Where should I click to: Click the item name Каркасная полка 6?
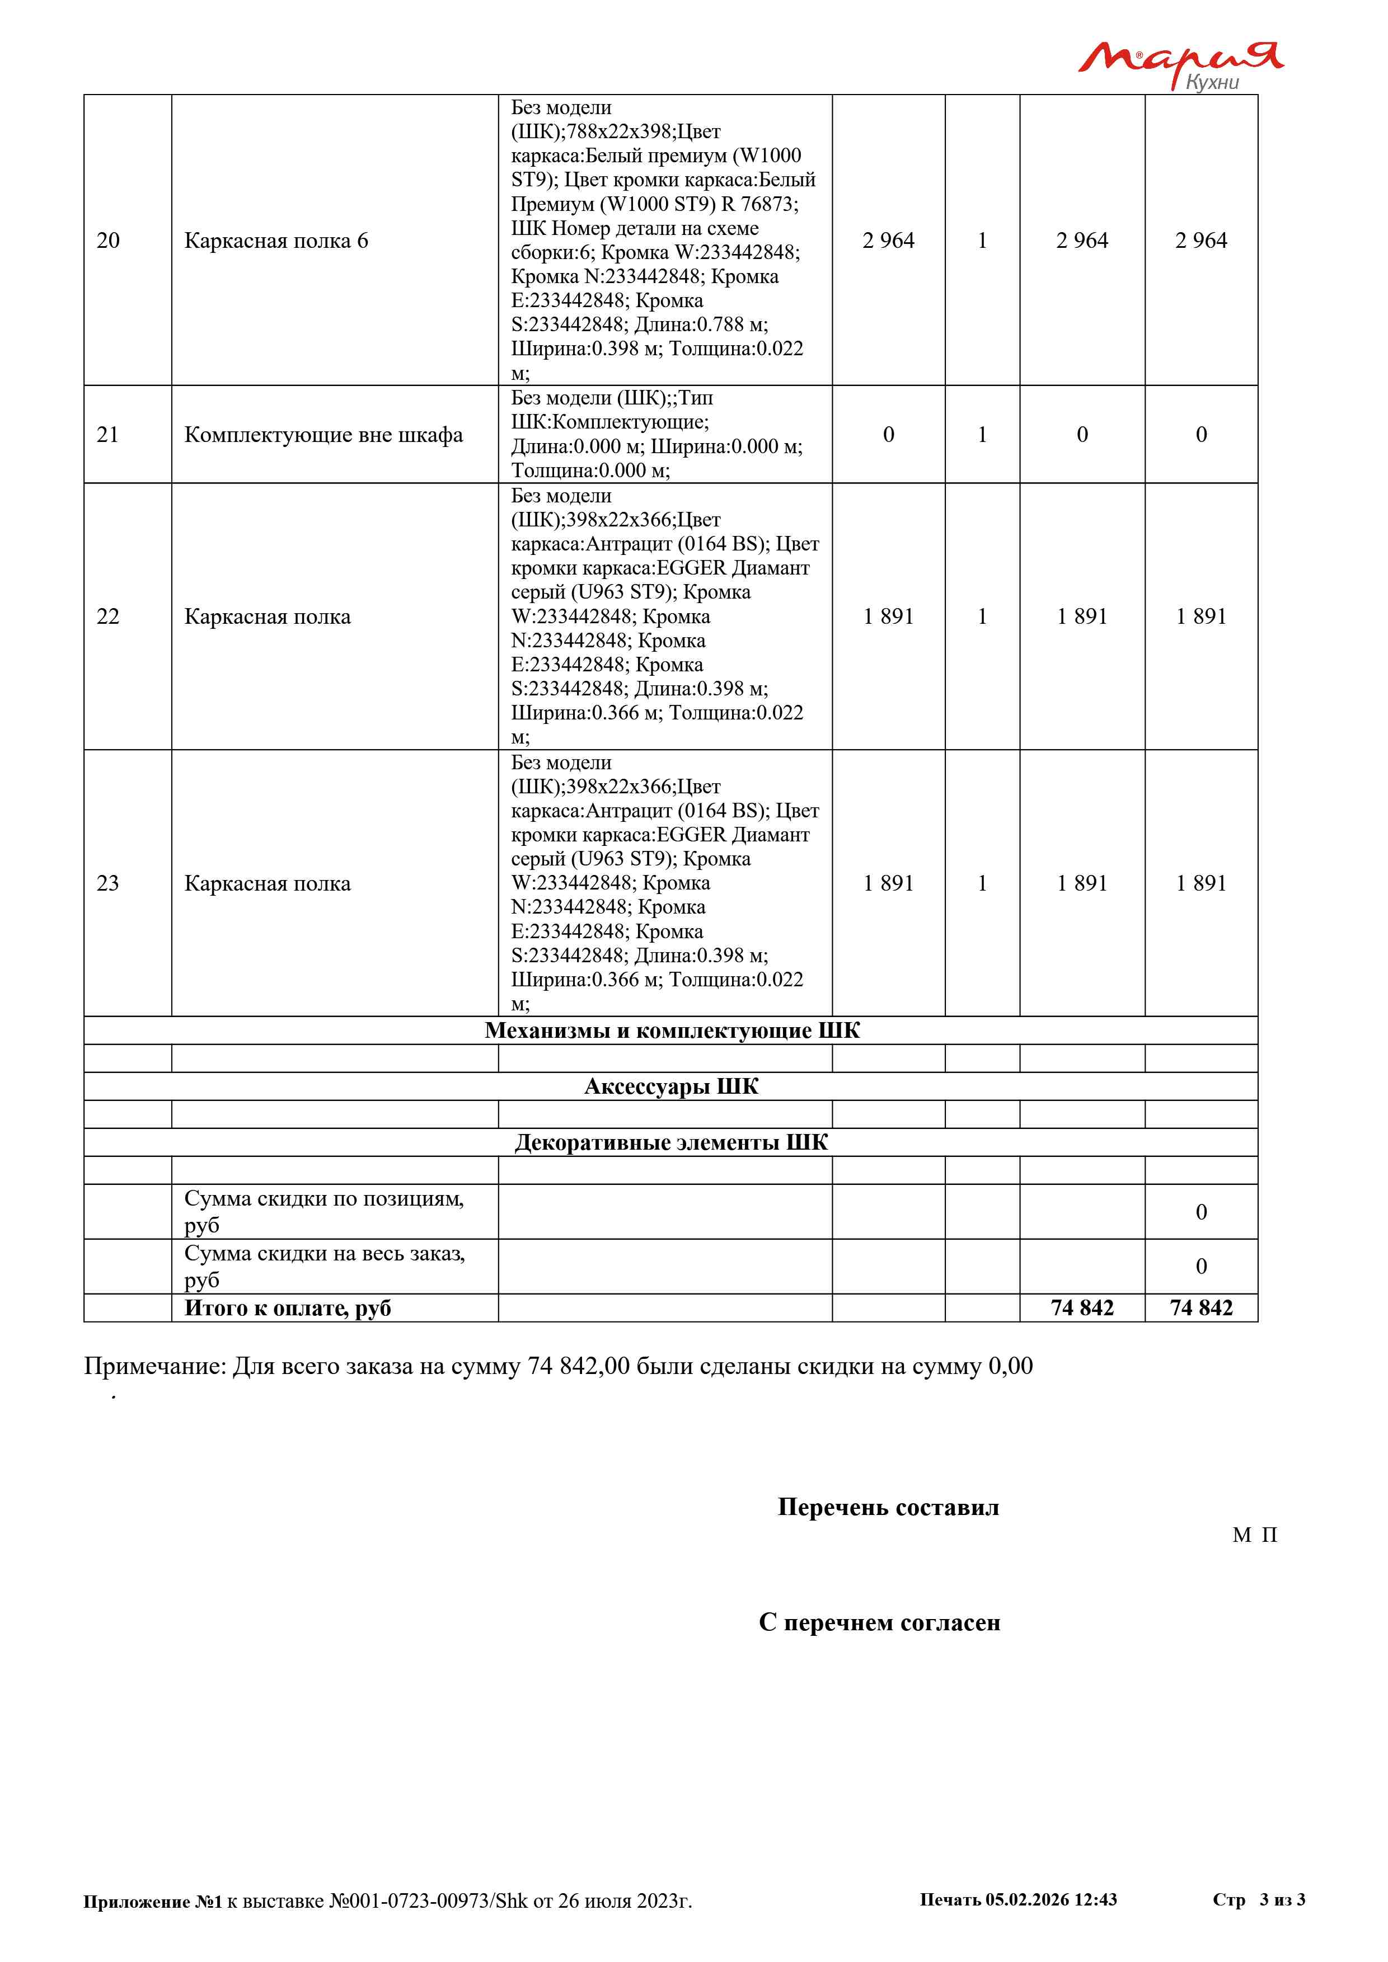[x=276, y=241]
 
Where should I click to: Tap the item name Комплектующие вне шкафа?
[x=323, y=435]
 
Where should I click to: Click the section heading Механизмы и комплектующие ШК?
[x=672, y=1031]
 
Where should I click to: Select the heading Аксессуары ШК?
[x=671, y=1087]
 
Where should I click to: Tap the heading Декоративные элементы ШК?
[x=671, y=1144]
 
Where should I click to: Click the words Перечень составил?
[x=888, y=1507]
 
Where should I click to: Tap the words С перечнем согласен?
[x=879, y=1623]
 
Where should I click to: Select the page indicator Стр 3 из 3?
[x=1258, y=1899]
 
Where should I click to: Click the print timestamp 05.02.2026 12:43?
[x=1051, y=1899]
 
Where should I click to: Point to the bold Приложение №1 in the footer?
[x=152, y=1902]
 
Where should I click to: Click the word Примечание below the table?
[x=154, y=1366]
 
